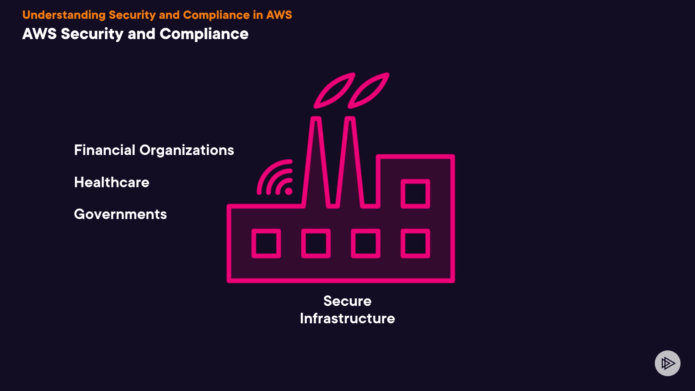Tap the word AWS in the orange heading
tap(279, 15)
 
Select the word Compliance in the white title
tap(204, 34)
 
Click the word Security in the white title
tap(92, 34)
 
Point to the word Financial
tap(105, 150)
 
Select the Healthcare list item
tap(111, 182)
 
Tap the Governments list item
tap(120, 214)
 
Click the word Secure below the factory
tap(347, 301)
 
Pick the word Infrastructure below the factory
tap(347, 319)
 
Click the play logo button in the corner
tap(667, 363)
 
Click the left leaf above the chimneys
tap(334, 91)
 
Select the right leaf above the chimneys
tap(368, 91)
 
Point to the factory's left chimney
tap(316, 163)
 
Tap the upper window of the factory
tap(415, 194)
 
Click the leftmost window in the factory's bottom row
tap(266, 243)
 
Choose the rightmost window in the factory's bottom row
tap(415, 243)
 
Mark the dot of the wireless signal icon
tap(288, 191)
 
